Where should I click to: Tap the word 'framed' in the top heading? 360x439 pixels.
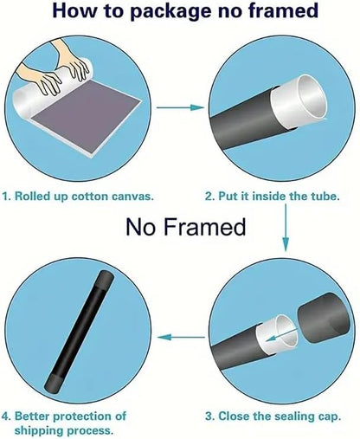coord(283,10)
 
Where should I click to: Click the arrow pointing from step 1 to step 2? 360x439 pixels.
coord(180,107)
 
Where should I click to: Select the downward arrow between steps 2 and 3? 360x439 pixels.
coord(286,228)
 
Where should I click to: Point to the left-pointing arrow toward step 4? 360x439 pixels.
coord(181,337)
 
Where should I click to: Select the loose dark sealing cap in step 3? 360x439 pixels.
coord(324,318)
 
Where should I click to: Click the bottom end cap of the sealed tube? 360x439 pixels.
coord(54,383)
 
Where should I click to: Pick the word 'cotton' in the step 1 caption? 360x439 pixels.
coord(90,197)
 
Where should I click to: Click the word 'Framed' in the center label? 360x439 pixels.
coord(204,227)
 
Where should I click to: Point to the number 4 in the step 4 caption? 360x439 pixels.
coord(6,416)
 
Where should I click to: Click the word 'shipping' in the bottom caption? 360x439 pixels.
coord(39,431)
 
